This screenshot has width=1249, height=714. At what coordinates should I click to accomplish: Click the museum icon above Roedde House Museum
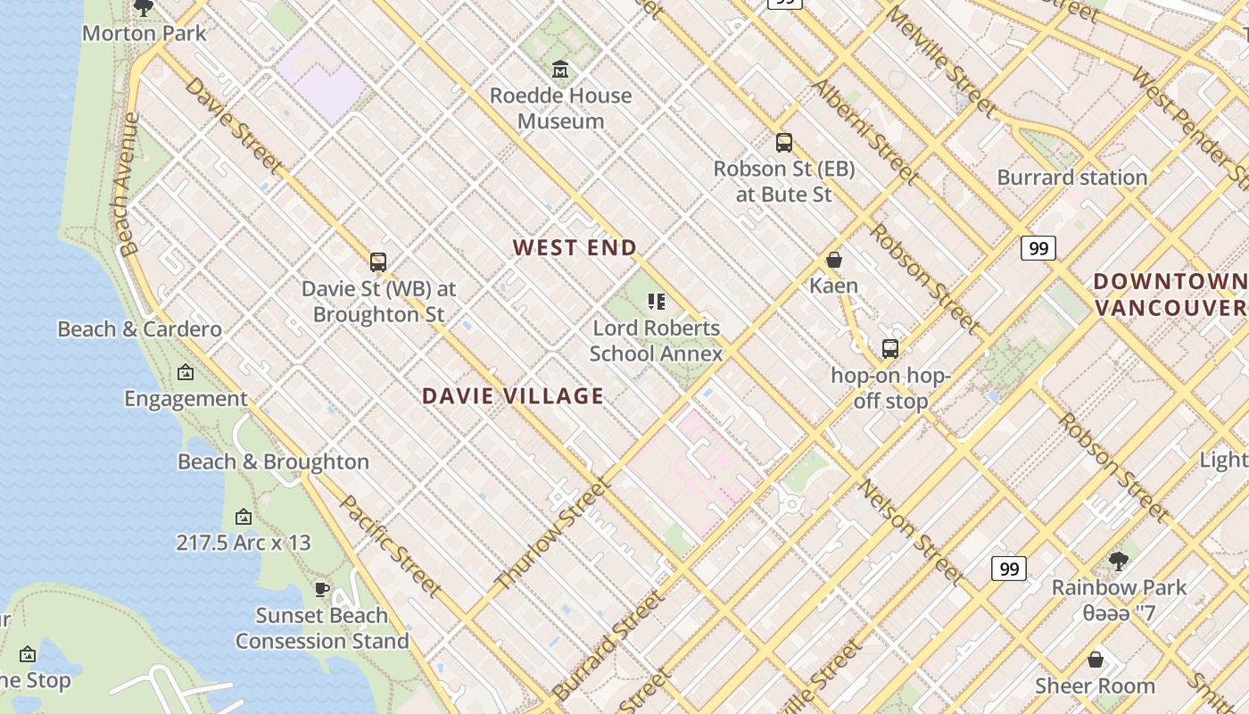tap(560, 69)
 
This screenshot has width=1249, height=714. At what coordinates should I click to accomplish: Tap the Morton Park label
tap(144, 34)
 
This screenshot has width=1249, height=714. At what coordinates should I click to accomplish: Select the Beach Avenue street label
tap(127, 185)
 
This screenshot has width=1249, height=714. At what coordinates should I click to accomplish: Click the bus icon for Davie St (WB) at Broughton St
tap(378, 262)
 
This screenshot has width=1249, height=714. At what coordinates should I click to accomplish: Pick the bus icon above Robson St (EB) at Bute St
tap(784, 142)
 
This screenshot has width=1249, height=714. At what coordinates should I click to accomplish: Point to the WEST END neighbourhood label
tap(575, 248)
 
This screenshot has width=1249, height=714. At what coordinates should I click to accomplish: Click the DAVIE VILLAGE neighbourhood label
tap(512, 396)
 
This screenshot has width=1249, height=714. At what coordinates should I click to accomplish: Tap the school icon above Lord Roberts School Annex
tap(657, 302)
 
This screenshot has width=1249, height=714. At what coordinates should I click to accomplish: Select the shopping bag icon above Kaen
tap(834, 260)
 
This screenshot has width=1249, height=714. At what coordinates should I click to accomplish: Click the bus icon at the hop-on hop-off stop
tap(890, 349)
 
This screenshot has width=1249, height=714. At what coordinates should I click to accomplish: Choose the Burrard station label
tap(1071, 178)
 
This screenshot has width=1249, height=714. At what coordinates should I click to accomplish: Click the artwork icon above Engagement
tap(186, 372)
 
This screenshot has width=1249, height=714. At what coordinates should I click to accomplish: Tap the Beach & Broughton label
tap(273, 462)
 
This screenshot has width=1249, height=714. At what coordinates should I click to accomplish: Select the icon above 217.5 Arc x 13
tap(243, 517)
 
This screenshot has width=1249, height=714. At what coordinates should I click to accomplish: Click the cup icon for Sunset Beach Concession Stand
tap(322, 589)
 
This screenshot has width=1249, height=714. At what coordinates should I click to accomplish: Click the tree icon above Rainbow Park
tap(1119, 561)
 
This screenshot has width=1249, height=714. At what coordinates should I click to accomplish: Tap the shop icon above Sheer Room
tap(1096, 660)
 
